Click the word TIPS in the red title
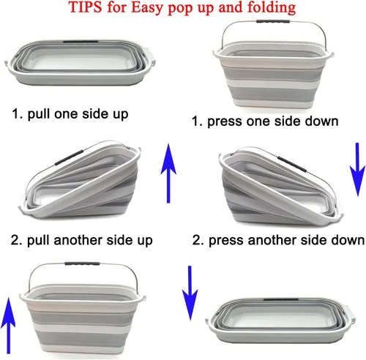click(x=85, y=7)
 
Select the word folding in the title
click(x=272, y=8)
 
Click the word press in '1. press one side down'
click(x=225, y=121)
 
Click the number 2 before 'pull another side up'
click(x=15, y=240)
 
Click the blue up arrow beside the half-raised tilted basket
click(x=168, y=173)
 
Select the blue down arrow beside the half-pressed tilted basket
click(x=358, y=170)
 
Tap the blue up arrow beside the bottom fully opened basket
click(x=9, y=326)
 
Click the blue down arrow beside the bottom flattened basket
click(x=190, y=293)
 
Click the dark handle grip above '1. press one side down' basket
click(x=273, y=21)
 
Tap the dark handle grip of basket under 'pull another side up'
click(x=82, y=263)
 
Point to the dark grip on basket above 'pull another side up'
click(x=69, y=158)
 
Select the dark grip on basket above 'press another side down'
click(x=291, y=163)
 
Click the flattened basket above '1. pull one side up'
click(x=80, y=62)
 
